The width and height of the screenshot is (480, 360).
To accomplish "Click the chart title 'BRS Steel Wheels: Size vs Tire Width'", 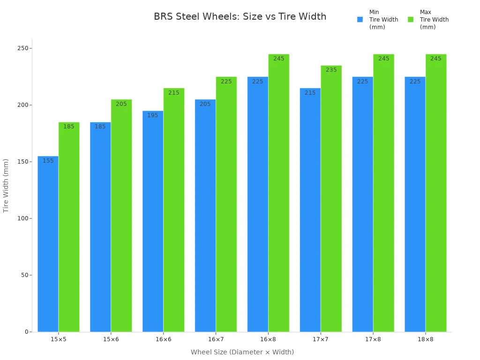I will pyautogui.click(x=240, y=17).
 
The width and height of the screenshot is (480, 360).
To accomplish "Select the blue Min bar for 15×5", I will pyautogui.click(x=48, y=244).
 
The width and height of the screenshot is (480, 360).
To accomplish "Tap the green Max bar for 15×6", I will pyautogui.click(x=121, y=216).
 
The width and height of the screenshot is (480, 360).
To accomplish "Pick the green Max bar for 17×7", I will pyautogui.click(x=331, y=199).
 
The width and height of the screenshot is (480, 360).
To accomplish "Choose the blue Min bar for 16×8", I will pyautogui.click(x=258, y=204).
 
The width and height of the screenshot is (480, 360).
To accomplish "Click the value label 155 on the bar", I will pyautogui.click(x=48, y=161).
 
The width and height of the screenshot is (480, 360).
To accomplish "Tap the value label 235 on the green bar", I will pyautogui.click(x=331, y=70).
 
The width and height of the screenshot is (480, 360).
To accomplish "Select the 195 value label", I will pyautogui.click(x=153, y=115).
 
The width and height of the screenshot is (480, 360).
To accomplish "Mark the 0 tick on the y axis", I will pyautogui.click(x=27, y=332).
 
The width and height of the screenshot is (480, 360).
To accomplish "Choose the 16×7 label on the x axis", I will pyautogui.click(x=216, y=339).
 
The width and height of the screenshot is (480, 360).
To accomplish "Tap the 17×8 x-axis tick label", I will pyautogui.click(x=373, y=339).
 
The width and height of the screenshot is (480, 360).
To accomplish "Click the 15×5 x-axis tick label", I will pyautogui.click(x=58, y=339).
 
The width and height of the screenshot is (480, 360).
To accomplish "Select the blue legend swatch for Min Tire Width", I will pyautogui.click(x=360, y=20).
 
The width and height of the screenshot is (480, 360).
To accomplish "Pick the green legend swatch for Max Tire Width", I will pyautogui.click(x=411, y=20).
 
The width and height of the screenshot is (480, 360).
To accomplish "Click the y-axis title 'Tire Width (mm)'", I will pyautogui.click(x=6, y=186).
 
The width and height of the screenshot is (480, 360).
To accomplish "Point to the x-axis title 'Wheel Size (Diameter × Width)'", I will pyautogui.click(x=242, y=352).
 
